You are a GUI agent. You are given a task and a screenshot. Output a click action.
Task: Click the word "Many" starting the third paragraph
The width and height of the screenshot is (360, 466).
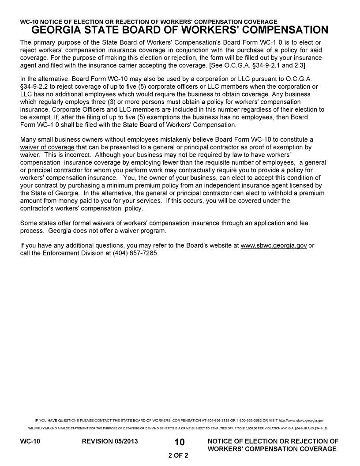pyautogui.click(x=29, y=139)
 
